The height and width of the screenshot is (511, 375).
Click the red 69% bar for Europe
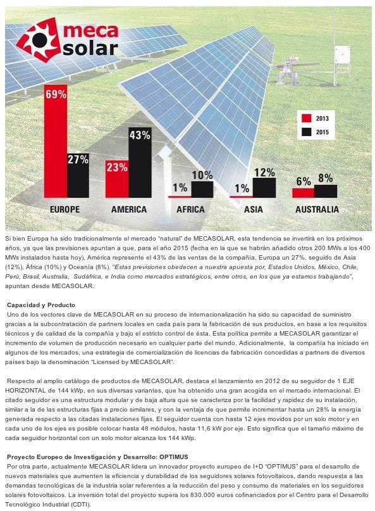[x=56, y=141]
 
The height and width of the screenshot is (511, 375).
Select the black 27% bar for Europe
[x=78, y=175]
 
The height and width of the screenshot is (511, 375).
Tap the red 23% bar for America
[x=117, y=179]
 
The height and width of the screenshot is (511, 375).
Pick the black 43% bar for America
[x=140, y=162]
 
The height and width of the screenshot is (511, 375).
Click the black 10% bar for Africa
[x=202, y=189]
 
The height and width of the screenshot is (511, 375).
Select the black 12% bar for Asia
[x=264, y=187]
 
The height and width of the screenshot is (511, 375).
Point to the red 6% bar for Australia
[x=303, y=193]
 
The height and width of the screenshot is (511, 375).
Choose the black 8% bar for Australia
[x=326, y=191]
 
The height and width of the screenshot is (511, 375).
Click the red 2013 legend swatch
[x=307, y=118]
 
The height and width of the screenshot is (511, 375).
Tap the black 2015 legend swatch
[x=307, y=132]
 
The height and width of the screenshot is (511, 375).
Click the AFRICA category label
[x=191, y=209]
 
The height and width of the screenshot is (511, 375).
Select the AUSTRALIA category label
[x=317, y=209]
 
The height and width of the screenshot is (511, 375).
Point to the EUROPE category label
[x=65, y=209]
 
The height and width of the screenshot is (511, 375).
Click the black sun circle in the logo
[x=40, y=40]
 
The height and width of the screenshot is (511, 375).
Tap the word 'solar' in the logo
[x=90, y=47]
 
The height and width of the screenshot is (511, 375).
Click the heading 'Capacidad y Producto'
[x=41, y=305]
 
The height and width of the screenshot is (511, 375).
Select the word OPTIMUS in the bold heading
[x=174, y=457]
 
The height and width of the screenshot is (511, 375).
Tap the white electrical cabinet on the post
[x=342, y=56]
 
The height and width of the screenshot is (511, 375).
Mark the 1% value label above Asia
[x=242, y=188]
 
